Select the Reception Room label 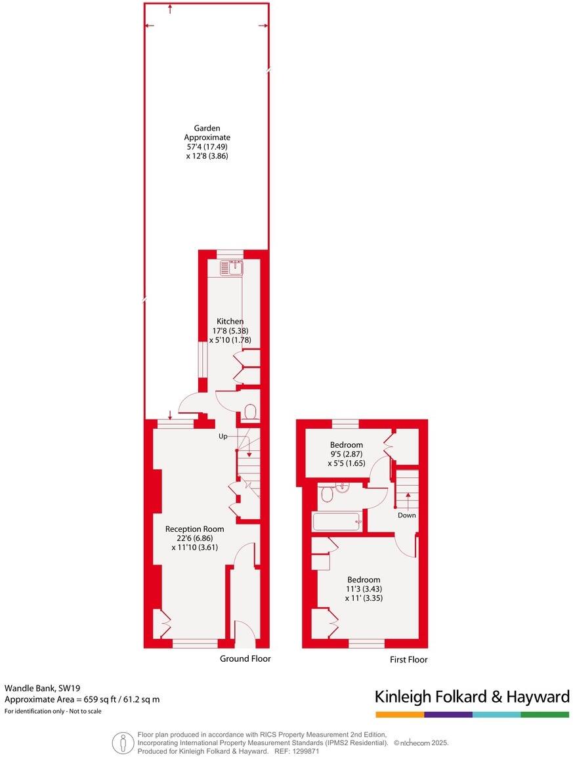point(194,529)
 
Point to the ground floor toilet point(249,412)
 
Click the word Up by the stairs point(224,435)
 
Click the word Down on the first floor point(406,515)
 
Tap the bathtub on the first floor point(337,522)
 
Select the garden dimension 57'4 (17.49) point(207,147)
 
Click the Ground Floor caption point(245,659)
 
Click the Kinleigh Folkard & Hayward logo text point(472,697)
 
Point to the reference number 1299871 point(306,750)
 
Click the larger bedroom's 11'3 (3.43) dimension point(364,589)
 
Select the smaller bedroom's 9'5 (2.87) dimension point(346,454)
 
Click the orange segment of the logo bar point(400,714)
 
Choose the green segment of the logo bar point(545,714)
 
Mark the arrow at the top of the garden point(171,9)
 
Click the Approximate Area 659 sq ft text point(82,699)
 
